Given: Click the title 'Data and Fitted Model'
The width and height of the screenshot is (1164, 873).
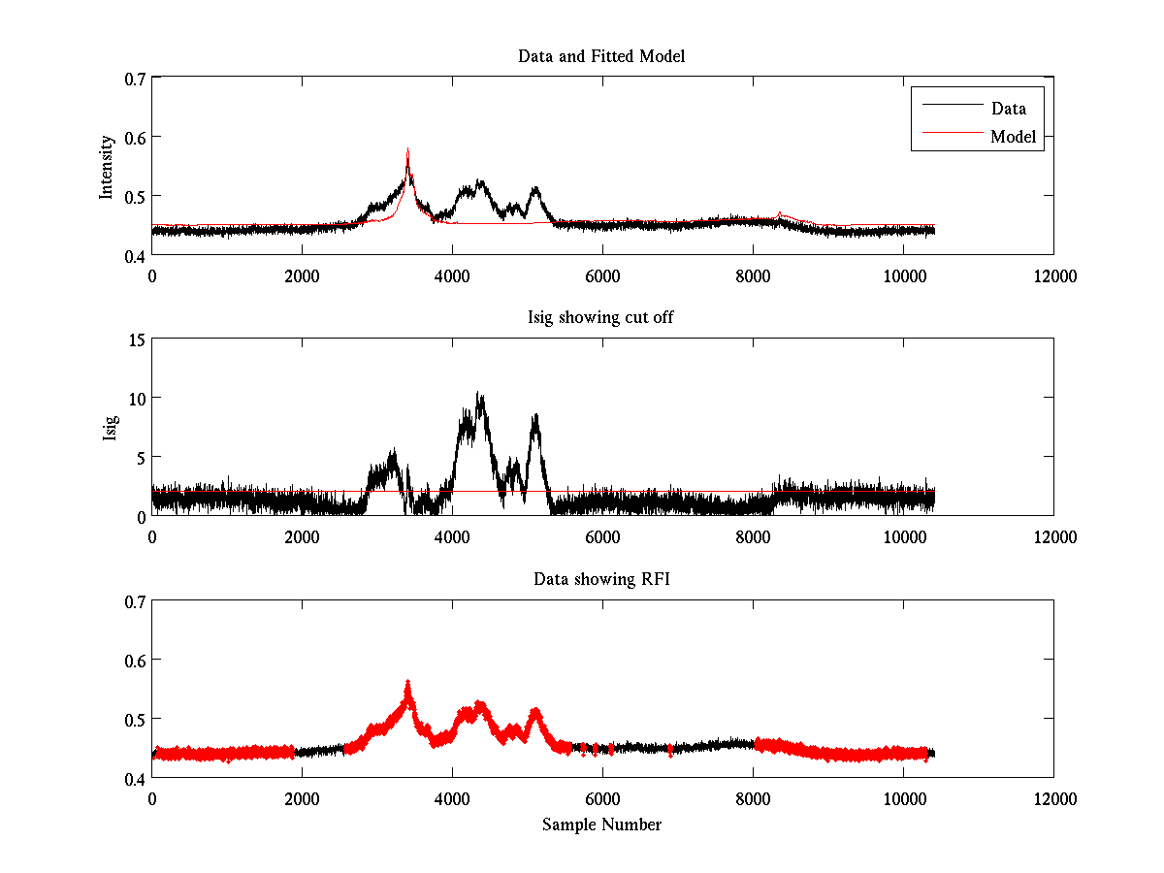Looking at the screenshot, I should [x=601, y=56].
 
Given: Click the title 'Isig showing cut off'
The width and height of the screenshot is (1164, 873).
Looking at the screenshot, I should [x=601, y=318].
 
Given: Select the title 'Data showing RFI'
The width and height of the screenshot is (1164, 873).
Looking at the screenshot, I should [x=601, y=579].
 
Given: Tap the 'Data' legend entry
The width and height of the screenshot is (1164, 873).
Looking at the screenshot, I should [x=1008, y=109].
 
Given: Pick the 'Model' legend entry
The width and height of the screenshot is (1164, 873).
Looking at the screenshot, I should [x=1013, y=137].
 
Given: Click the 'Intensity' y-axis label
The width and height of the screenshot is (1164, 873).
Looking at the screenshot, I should [x=107, y=166].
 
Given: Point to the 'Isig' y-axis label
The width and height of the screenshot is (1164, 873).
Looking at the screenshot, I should [x=110, y=427].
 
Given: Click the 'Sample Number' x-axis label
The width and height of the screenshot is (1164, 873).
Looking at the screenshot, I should [x=601, y=824].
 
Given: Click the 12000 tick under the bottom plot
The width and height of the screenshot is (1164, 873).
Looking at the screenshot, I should [x=1053, y=798].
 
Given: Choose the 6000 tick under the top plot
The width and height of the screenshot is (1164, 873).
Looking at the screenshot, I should [x=601, y=275].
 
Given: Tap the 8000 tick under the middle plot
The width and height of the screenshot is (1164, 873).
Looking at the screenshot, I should [x=752, y=536].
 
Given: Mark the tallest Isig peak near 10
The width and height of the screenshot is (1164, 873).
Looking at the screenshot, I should [x=478, y=394].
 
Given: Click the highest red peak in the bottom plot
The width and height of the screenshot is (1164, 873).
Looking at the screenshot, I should [x=407, y=683].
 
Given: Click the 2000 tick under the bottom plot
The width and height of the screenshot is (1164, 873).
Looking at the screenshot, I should [x=302, y=798].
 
